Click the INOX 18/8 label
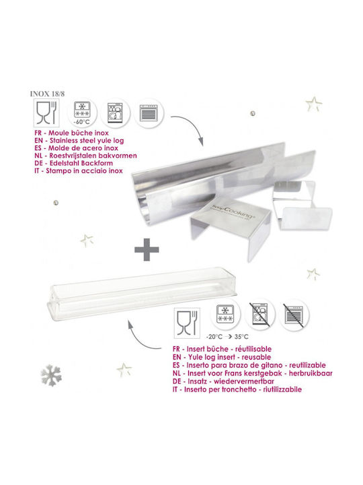[x=47, y=94]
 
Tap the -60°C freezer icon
[x=82, y=112]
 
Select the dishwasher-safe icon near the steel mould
[x=115, y=112]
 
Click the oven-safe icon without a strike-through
[x=149, y=112]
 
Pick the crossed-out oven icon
[x=294, y=315]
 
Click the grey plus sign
[x=147, y=249]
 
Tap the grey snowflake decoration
[x=51, y=375]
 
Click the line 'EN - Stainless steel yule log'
[x=79, y=140]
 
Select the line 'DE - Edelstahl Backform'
[x=74, y=163]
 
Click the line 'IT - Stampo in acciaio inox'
[x=79, y=170]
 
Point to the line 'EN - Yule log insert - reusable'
[x=222, y=357]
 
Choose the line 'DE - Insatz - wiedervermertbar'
[x=223, y=381]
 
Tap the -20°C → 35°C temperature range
[x=227, y=337]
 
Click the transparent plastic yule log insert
[x=141, y=293]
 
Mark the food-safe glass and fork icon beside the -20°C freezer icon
[x=187, y=322]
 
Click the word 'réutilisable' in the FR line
[x=253, y=349]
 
